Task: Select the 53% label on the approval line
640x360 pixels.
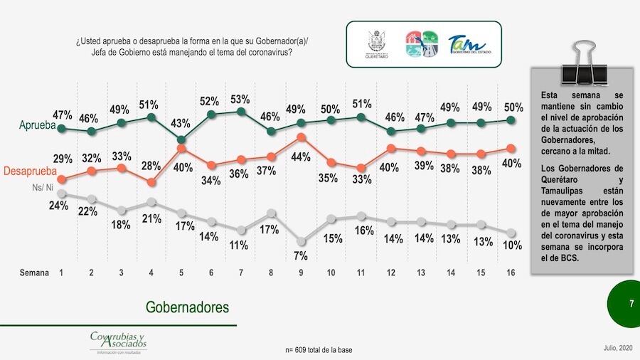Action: coord(240,98)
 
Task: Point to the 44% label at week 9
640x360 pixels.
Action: coord(300,155)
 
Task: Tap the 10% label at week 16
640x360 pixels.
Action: coord(512,245)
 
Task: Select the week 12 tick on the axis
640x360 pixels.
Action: coord(391,272)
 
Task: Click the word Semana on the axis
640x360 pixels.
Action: coord(35,272)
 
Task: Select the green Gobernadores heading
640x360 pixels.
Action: coord(188,307)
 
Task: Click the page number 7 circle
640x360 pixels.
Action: coord(630,304)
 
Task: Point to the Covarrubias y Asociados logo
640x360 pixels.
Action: coord(118,342)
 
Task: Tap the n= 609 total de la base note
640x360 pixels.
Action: coord(319,350)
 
